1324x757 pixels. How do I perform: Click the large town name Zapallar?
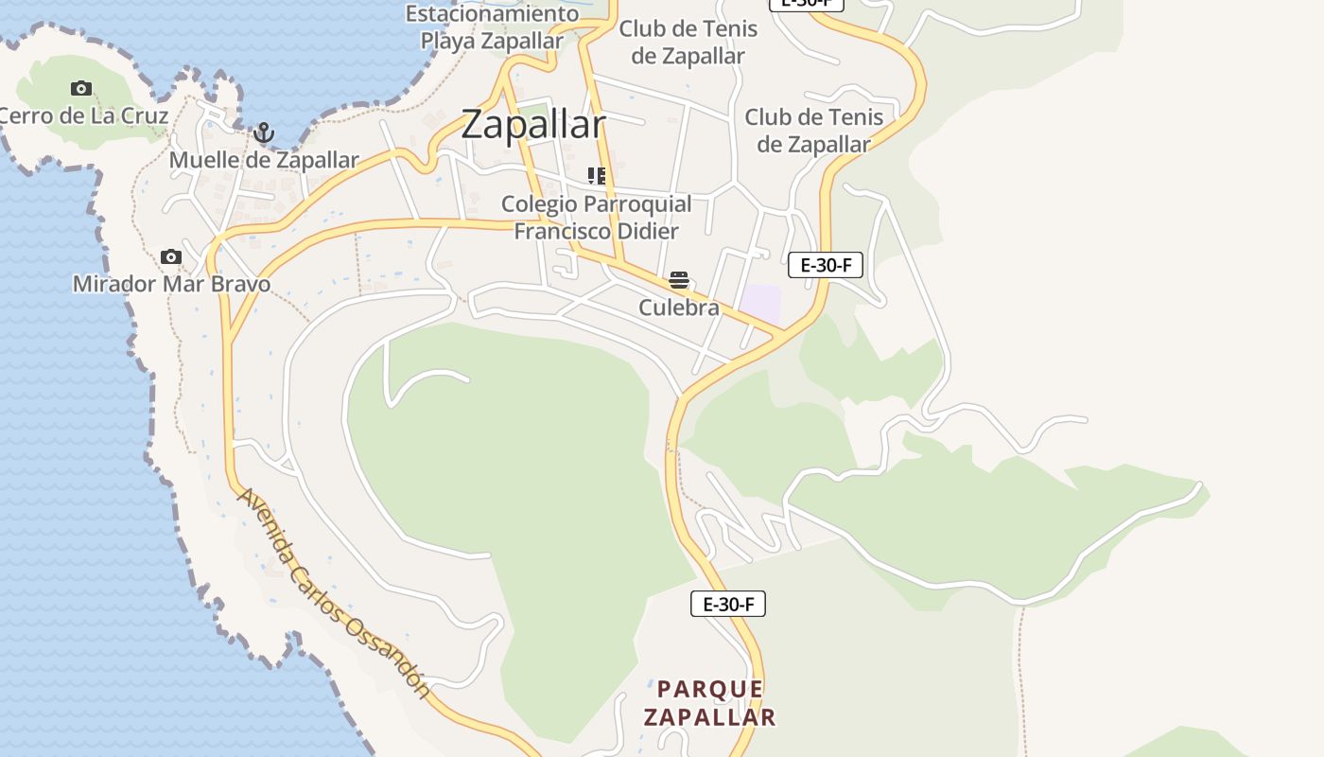(x=533, y=125)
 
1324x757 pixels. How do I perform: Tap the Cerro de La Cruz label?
(x=83, y=116)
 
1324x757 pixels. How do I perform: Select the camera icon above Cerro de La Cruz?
(x=81, y=89)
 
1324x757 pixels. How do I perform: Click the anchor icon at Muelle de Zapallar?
(x=264, y=133)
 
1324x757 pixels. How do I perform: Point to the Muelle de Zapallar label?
(x=264, y=161)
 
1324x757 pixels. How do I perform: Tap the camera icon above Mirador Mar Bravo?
(x=171, y=256)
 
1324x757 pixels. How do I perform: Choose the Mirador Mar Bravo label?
(x=171, y=284)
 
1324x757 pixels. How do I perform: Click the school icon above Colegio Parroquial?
(x=597, y=176)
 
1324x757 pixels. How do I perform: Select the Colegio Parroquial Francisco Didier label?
(x=596, y=218)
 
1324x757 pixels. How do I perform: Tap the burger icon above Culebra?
(x=679, y=280)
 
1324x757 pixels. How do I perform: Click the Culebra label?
(x=679, y=308)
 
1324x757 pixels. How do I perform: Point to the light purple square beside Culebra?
(x=760, y=304)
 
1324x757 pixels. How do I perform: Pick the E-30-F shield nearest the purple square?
(x=826, y=265)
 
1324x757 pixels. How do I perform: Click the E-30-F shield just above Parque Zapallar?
(x=728, y=604)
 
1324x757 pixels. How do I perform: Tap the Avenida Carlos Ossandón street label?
(x=334, y=593)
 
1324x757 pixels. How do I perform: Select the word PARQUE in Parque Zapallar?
(x=710, y=689)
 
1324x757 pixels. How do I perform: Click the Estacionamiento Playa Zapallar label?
(x=492, y=27)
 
